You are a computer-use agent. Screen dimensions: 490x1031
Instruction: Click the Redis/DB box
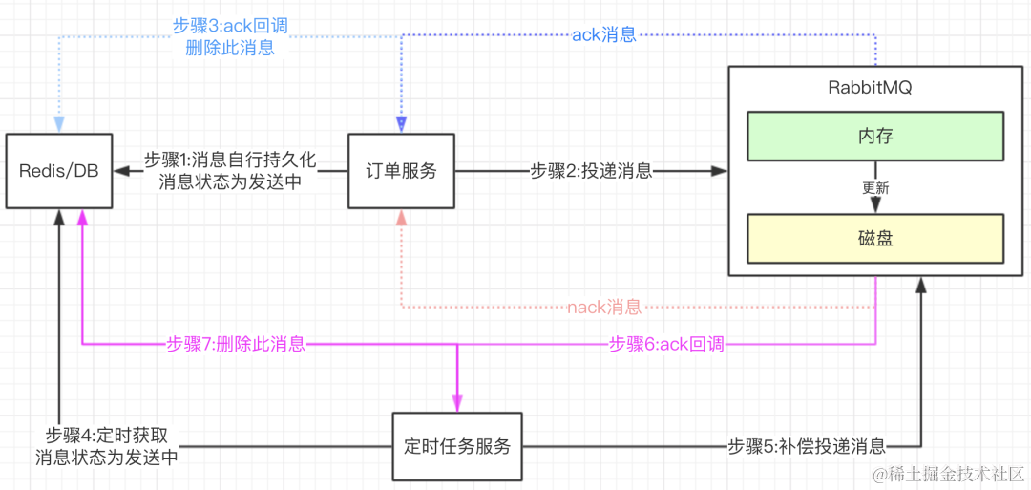click(x=59, y=171)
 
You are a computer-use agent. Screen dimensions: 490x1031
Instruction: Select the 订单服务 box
click(x=401, y=171)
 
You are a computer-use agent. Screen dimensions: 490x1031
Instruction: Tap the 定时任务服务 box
click(x=457, y=446)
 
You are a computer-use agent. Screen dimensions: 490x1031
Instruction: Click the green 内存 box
click(x=875, y=136)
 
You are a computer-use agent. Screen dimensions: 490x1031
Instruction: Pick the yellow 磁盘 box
click(x=875, y=239)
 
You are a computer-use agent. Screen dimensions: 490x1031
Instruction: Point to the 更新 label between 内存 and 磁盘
click(x=875, y=188)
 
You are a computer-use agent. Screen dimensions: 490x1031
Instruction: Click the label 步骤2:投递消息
click(x=591, y=172)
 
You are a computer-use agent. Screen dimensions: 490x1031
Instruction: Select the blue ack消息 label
click(x=604, y=34)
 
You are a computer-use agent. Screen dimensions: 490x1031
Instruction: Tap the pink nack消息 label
click(x=604, y=308)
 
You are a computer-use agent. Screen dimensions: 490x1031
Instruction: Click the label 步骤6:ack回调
click(x=666, y=344)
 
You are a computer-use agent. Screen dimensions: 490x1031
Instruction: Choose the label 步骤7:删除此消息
click(x=236, y=344)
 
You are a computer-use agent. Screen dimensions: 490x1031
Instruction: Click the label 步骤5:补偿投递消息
click(x=808, y=446)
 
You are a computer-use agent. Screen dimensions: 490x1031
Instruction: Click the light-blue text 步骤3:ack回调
click(x=230, y=27)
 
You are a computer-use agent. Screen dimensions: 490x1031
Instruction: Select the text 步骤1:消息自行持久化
click(x=229, y=160)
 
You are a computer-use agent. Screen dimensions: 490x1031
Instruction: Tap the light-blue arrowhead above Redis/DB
click(x=59, y=125)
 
